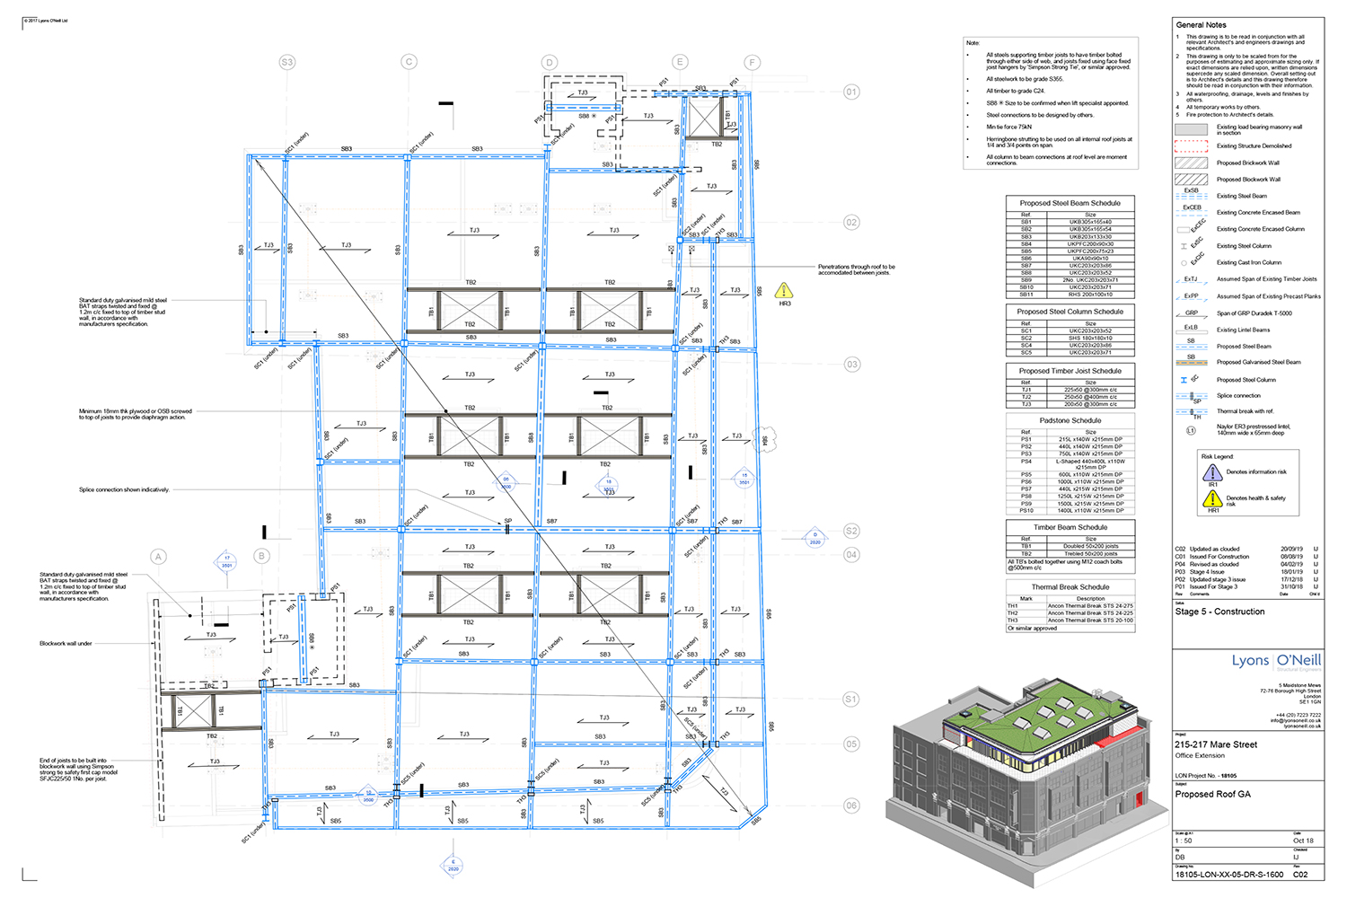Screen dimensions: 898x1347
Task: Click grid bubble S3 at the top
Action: coord(286,62)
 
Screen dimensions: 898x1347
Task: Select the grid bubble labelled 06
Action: coord(851,806)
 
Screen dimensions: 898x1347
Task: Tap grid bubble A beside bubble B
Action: coord(158,557)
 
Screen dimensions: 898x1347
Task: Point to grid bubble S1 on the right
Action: coord(851,699)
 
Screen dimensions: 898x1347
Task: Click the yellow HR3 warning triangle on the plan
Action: coord(784,291)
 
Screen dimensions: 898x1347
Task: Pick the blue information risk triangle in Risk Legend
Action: coord(1212,472)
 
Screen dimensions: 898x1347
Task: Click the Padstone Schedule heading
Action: coord(1070,420)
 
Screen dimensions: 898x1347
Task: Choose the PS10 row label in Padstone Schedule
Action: coord(1026,510)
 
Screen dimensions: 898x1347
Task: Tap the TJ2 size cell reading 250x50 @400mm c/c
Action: coord(1090,397)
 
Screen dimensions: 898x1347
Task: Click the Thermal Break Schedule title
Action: coord(1070,587)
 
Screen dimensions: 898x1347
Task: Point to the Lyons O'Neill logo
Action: coord(1275,661)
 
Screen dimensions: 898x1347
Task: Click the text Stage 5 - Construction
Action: coord(1219,612)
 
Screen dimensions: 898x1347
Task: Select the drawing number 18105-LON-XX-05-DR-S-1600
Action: coord(1228,875)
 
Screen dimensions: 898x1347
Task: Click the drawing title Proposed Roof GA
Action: coord(1212,794)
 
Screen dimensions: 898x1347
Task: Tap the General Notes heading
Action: coord(1201,25)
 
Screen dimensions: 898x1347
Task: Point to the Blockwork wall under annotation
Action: coord(66,644)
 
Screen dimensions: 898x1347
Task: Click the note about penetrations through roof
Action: coord(856,269)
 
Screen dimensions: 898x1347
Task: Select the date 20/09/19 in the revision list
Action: coord(1291,549)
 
